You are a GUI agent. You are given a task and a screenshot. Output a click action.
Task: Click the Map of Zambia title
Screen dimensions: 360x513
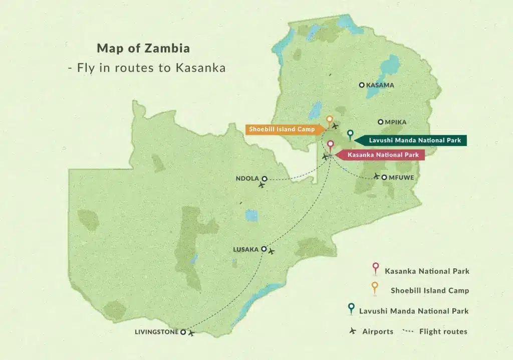pyautogui.click(x=143, y=49)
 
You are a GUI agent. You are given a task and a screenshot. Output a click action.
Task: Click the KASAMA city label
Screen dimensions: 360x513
pyautogui.click(x=380, y=85)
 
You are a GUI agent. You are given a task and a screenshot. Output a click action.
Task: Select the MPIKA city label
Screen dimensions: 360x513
pyautogui.click(x=395, y=122)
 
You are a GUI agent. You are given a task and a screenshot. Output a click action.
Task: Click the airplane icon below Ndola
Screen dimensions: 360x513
pyautogui.click(x=261, y=186)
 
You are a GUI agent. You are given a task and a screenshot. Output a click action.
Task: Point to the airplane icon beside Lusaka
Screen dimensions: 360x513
pyautogui.click(x=272, y=250)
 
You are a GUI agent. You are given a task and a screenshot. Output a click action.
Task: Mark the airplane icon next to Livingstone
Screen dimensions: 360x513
pyautogui.click(x=191, y=333)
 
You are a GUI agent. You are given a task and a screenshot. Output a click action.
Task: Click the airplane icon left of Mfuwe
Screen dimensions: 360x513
pyautogui.click(x=377, y=176)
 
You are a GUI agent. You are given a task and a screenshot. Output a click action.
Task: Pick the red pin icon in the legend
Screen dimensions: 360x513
pyautogui.click(x=375, y=269)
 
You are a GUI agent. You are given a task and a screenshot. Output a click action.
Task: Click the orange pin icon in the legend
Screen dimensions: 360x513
pyautogui.click(x=375, y=288)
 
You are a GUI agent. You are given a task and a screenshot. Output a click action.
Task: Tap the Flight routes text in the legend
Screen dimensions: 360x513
pyautogui.click(x=443, y=331)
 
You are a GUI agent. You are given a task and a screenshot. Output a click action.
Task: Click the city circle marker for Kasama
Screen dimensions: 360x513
pyautogui.click(x=362, y=85)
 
